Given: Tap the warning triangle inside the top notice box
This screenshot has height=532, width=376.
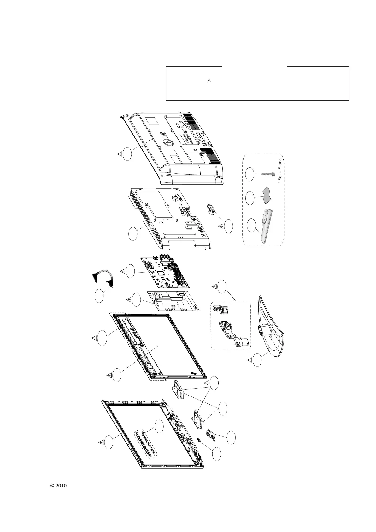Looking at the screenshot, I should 209,81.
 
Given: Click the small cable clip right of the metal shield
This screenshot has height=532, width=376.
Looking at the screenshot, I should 210,209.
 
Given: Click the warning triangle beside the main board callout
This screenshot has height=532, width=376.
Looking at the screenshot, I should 122,271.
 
